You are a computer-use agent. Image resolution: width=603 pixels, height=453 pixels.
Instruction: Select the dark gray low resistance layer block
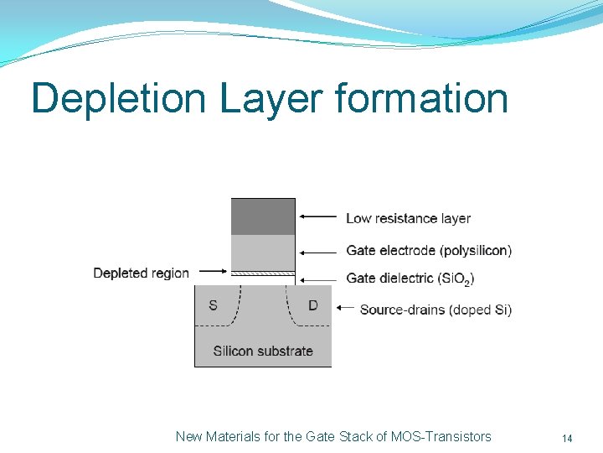click(x=263, y=216)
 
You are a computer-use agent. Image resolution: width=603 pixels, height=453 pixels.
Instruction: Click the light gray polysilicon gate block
click(x=263, y=253)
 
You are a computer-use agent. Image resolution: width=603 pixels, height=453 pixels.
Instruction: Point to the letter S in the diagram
click(x=213, y=305)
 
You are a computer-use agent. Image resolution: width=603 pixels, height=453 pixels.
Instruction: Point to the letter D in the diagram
click(x=313, y=305)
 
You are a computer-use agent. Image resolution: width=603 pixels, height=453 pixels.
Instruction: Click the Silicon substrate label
click(x=263, y=351)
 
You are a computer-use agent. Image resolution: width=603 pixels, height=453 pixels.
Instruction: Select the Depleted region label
click(x=141, y=273)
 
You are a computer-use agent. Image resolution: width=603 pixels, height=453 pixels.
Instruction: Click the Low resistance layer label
click(x=408, y=218)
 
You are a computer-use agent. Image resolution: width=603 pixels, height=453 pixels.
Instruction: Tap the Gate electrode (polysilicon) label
click(x=429, y=250)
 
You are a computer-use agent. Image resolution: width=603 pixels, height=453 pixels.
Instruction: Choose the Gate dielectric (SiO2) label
click(x=410, y=278)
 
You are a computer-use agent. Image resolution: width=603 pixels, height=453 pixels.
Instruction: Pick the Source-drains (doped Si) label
click(x=435, y=310)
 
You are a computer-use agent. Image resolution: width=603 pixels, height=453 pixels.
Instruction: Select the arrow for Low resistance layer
click(x=318, y=216)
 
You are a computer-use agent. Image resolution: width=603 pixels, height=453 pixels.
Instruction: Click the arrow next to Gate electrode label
click(x=318, y=250)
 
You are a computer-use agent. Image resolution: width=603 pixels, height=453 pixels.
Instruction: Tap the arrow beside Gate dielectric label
click(x=318, y=278)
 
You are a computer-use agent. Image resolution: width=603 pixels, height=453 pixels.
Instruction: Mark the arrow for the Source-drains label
click(x=344, y=308)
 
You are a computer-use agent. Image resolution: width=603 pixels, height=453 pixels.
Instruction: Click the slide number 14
click(x=567, y=438)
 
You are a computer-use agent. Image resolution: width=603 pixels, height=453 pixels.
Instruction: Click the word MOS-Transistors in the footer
click(x=441, y=436)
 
